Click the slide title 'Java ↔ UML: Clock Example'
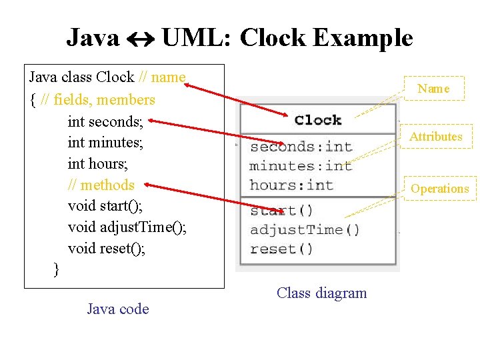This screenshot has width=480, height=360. point(240,37)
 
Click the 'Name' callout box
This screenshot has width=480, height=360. point(434,89)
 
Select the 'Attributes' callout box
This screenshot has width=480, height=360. point(436,137)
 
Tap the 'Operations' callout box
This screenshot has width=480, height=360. point(440,189)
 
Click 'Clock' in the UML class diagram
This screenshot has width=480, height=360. point(318,120)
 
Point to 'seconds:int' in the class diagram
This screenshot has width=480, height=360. point(301,147)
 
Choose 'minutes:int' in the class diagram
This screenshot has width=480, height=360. point(301,166)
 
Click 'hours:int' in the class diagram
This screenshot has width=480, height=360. point(291,185)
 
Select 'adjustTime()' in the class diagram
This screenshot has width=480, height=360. point(305,230)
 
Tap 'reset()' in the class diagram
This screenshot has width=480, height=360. point(281,249)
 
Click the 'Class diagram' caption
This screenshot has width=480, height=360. point(322,293)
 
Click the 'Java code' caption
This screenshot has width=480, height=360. point(118,309)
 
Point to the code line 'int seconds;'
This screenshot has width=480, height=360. point(110,121)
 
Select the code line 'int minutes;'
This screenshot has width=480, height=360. point(105,142)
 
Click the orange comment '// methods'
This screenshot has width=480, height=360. point(101,185)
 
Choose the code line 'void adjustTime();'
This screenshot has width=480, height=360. point(127,227)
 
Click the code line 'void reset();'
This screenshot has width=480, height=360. point(106,249)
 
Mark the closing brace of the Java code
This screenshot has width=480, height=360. point(56,269)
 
